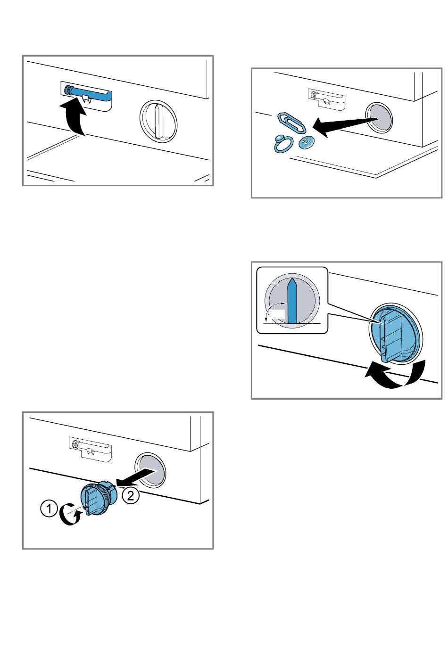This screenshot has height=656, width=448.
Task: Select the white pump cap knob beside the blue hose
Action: (x=158, y=121)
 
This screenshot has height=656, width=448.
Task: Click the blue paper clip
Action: (x=292, y=123)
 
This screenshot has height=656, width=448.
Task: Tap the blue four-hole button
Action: (x=306, y=143)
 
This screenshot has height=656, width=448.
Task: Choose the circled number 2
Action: (x=130, y=495)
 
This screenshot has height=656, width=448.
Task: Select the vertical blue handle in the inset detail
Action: (x=292, y=301)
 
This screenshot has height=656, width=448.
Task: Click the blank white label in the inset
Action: (x=277, y=314)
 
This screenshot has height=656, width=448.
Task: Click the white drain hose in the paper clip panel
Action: (x=327, y=97)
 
